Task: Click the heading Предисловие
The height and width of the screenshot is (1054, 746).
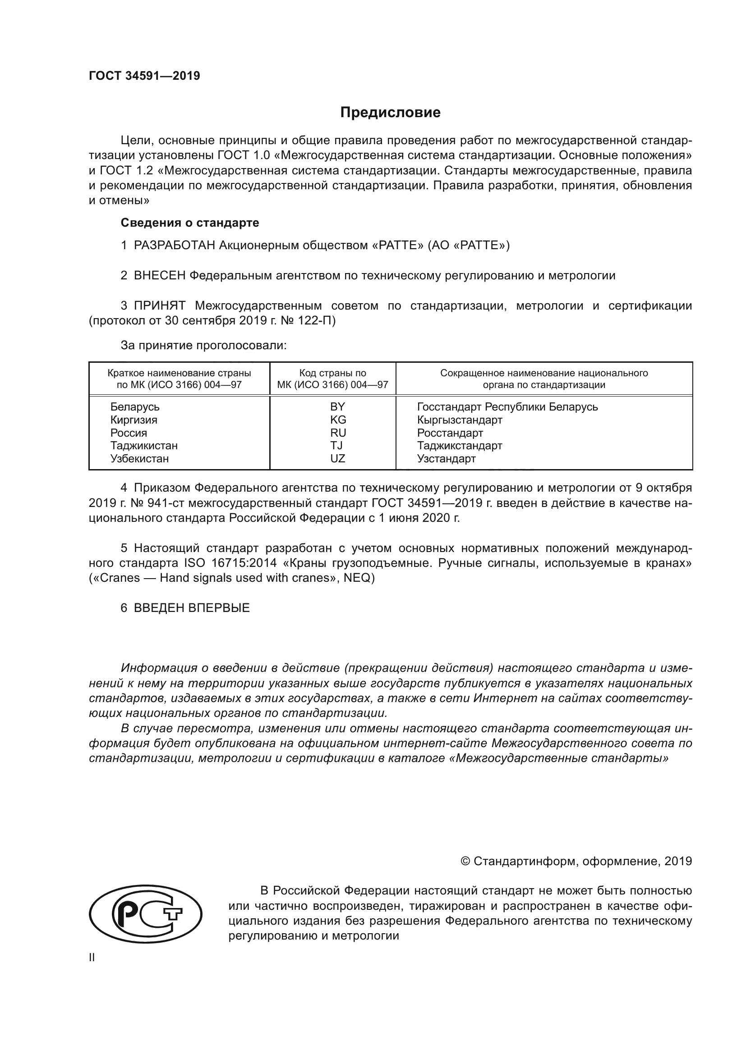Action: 390,113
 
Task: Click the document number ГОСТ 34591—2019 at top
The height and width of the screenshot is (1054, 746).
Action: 144,76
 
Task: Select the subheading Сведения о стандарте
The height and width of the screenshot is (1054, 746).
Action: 190,223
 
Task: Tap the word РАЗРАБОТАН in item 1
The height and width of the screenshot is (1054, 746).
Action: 175,245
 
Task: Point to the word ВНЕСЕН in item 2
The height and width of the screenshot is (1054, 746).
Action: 159,275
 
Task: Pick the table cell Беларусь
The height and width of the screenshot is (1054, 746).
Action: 134,407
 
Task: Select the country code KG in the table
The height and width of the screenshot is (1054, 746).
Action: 338,420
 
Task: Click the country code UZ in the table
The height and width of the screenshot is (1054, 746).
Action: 338,458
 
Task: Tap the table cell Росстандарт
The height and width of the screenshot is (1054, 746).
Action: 450,433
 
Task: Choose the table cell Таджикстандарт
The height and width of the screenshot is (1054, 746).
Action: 459,445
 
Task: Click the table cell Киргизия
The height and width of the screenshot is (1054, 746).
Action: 133,420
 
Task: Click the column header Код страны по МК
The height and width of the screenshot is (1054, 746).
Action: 332,379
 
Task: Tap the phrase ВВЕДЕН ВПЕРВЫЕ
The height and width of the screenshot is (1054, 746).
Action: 192,608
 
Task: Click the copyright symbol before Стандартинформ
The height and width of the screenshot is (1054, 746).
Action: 465,861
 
